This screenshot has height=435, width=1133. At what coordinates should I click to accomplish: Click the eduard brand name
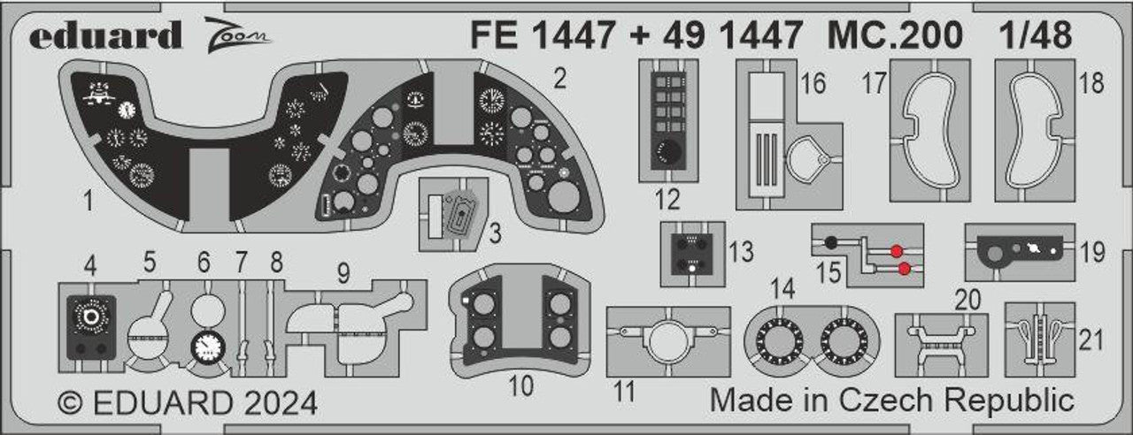pos(104,36)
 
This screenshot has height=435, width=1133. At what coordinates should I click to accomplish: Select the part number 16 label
pos(812,84)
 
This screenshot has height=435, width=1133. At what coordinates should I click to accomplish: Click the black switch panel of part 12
pos(667,119)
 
